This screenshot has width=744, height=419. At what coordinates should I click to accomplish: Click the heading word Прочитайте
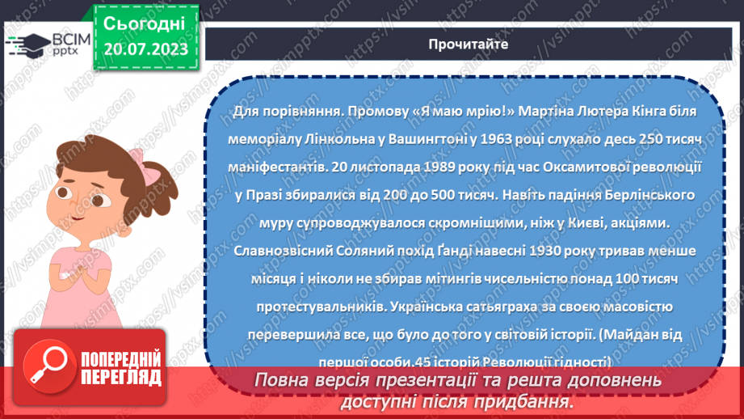pyautogui.click(x=469, y=44)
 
